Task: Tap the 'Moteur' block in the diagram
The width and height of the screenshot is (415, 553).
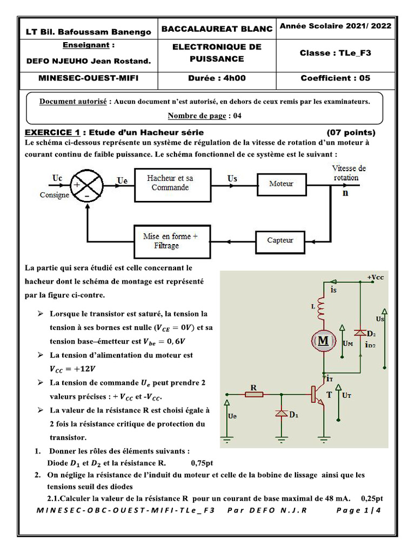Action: coord(281,184)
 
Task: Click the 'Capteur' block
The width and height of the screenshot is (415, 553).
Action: coord(281,240)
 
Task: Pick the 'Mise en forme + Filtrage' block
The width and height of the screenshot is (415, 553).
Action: coord(170,241)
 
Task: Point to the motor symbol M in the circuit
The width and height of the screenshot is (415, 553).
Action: coord(323,341)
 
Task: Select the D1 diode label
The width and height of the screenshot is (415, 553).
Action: coord(294,415)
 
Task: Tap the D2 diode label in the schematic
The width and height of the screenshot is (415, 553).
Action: coord(372,335)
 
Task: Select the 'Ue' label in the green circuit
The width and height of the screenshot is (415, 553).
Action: coord(233,416)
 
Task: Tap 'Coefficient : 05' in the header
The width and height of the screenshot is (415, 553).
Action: coord(336,78)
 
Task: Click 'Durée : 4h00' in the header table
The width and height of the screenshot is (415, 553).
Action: coord(217,78)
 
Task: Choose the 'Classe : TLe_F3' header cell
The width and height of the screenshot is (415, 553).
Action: coord(336,53)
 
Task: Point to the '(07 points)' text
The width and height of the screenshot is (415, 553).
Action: coord(351,132)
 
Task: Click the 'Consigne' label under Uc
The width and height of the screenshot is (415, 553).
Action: coord(55,195)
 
